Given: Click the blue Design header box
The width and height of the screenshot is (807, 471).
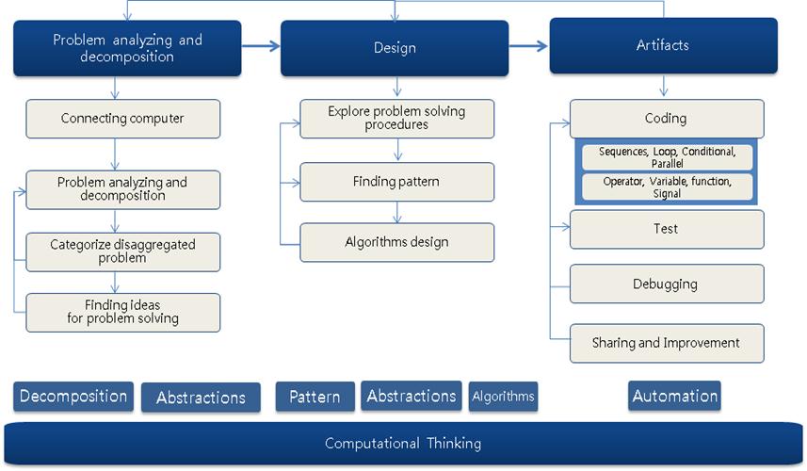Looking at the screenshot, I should pos(395,48).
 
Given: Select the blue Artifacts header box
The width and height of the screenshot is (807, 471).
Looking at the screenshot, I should pos(663,45).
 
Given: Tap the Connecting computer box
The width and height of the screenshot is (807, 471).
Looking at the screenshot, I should pos(122,119).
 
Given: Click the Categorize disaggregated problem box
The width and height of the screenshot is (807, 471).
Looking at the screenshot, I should pos(122,252).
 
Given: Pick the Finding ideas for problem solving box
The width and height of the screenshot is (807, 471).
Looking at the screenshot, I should pos(122,312).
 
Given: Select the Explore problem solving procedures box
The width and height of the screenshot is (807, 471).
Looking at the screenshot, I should pos(396,119).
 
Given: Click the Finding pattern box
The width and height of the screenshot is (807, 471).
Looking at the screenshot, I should pos(396,182).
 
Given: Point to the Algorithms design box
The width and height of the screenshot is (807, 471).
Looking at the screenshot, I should pos(396,242).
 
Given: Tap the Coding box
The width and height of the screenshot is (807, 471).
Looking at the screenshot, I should pos(666,119).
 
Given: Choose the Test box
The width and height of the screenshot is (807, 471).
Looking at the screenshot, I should pos(666,229).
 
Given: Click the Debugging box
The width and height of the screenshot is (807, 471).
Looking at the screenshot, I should pos(666,284).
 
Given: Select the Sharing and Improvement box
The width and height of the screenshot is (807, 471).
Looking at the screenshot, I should pos(666,343).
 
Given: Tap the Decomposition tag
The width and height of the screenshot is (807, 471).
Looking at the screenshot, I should pos(73,396).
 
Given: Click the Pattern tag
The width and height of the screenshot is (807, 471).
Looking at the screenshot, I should pos(315,397).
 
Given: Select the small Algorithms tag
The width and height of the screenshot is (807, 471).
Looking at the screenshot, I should pos(503,397).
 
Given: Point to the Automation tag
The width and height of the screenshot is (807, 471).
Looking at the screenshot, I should pos(674,397).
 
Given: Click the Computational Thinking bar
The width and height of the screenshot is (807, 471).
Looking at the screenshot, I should pos(403,443).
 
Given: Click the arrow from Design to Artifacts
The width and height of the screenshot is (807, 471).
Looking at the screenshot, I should pos(529,44).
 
